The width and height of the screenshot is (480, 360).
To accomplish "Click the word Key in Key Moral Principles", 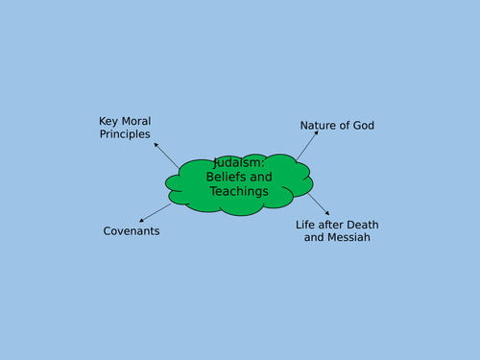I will [x=108, y=121].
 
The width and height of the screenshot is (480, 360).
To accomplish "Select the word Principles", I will [x=125, y=134].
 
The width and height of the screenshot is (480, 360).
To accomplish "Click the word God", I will [x=362, y=126].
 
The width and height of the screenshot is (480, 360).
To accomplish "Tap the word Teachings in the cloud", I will [x=238, y=191].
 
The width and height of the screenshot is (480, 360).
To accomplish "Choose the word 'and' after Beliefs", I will [x=262, y=177].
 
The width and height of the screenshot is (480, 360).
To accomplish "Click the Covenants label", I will [x=132, y=231].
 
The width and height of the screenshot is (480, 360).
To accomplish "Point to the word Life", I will [x=306, y=225].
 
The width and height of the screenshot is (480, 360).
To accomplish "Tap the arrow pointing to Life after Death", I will [x=319, y=204].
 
